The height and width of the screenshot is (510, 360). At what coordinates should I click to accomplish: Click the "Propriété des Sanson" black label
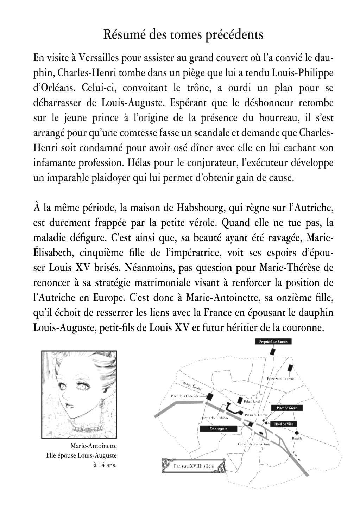tap(273, 341)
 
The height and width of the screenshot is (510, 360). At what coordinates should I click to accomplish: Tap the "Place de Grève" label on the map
tap(286, 408)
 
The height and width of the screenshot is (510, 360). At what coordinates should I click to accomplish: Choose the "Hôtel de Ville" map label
tap(283, 424)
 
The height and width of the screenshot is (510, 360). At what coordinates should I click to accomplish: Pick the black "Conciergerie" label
tap(218, 428)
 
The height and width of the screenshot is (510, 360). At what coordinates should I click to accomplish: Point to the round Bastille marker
tap(297, 433)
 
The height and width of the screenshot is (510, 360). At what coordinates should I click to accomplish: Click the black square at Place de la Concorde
tap(210, 396)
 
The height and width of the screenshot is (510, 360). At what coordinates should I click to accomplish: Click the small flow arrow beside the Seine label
tap(299, 458)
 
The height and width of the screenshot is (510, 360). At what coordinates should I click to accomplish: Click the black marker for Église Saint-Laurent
tap(290, 368)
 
